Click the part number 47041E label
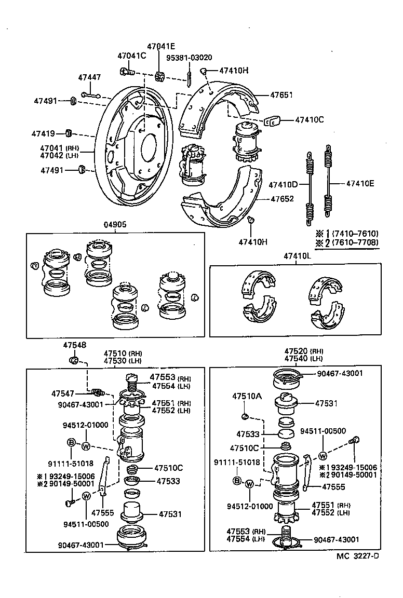point(160,46)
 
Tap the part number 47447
point(89,77)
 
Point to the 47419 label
point(44,133)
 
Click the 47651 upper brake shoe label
point(281,95)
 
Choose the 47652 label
point(281,198)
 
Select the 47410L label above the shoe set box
point(297,256)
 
